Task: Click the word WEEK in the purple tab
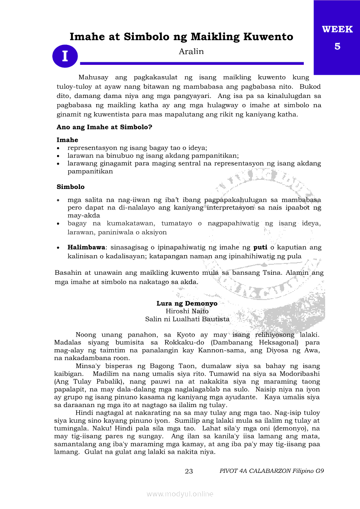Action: [337, 30]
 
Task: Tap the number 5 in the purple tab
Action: [337, 46]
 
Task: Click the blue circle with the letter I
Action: [65, 57]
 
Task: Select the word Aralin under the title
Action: [191, 51]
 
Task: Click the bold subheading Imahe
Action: [68, 140]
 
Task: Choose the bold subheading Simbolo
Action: [71, 187]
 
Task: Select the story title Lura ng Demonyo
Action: [187, 303]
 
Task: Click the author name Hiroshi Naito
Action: [187, 311]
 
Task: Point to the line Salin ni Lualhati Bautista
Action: [187, 319]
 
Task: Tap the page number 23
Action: [189, 471]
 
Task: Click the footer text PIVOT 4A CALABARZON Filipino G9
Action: [272, 471]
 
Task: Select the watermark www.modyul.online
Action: [180, 494]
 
